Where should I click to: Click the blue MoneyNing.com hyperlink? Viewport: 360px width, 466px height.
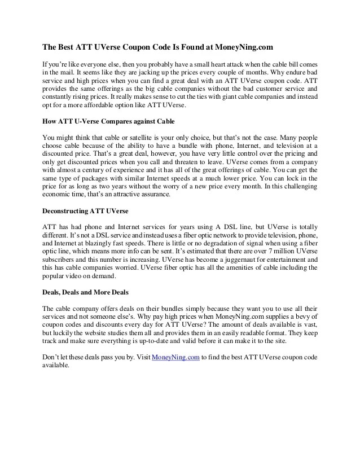(176, 357)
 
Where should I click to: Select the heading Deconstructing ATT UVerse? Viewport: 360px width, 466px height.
(86, 211)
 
